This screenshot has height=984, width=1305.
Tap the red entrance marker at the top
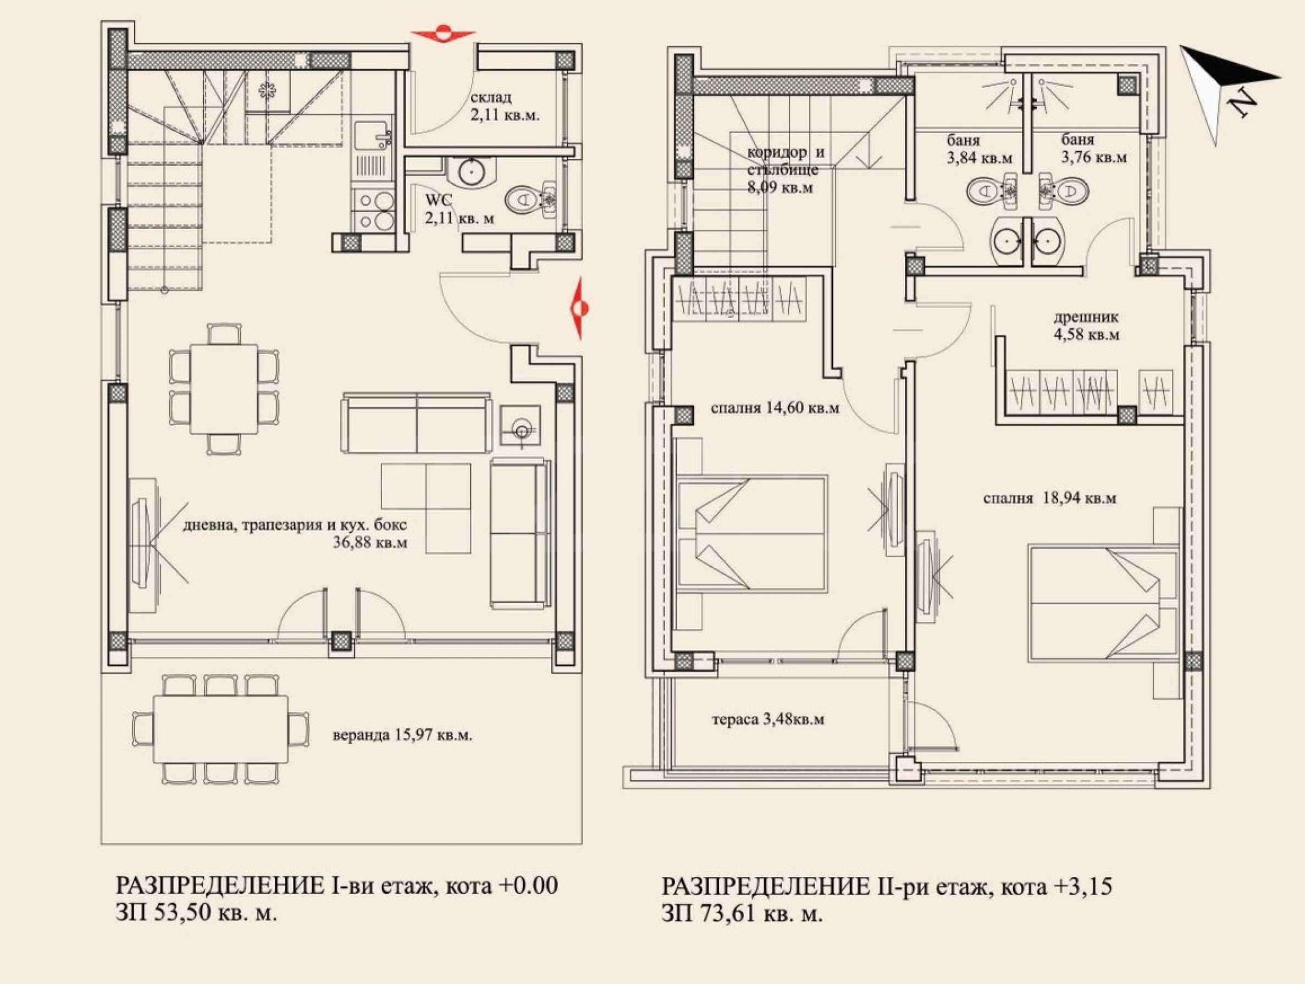(x=443, y=34)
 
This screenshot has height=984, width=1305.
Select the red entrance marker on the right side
(x=578, y=308)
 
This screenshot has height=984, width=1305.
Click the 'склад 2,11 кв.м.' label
(x=505, y=106)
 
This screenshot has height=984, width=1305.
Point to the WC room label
(x=459, y=209)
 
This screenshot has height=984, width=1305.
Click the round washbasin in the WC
(x=472, y=172)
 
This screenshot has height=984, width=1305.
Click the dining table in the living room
(x=224, y=389)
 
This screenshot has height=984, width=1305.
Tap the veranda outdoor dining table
(x=220, y=729)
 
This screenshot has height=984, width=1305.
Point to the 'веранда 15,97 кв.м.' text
(x=403, y=736)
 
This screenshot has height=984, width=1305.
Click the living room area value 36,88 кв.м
(x=370, y=543)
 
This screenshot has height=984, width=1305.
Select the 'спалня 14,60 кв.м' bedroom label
(x=775, y=408)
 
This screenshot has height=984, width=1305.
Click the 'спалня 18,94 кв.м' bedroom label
(x=1049, y=498)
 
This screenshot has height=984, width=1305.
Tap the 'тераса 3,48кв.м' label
(x=768, y=720)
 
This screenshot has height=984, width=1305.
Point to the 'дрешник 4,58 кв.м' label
(x=1087, y=325)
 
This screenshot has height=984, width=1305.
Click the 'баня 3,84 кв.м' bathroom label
(x=980, y=150)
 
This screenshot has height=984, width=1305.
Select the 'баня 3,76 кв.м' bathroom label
(x=1094, y=148)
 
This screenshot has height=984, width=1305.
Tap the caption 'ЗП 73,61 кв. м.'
(x=743, y=914)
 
